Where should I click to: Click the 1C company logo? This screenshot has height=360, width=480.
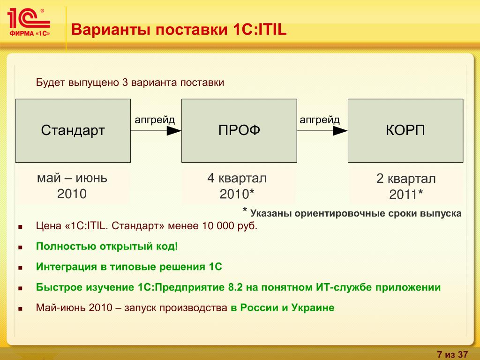coord(29,22)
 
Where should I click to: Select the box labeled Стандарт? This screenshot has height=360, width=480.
coord(73,131)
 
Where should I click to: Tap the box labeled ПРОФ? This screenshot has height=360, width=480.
coord(239,131)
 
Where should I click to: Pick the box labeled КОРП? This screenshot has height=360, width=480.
coord(405,131)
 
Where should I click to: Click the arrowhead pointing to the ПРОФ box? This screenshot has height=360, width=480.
coord(174,131)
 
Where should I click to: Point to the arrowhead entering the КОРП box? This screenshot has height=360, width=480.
coord(340,131)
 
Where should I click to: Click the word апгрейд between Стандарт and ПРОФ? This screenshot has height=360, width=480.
coord(155,120)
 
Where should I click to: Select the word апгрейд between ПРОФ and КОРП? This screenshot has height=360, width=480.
coord(320,120)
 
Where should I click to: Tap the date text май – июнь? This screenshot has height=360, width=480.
coord(72,178)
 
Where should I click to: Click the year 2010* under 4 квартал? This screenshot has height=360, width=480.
coord(237,194)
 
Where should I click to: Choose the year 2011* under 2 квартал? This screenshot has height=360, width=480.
coord(406,195)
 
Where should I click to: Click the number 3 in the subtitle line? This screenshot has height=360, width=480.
coord(125,82)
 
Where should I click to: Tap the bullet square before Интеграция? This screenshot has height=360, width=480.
coord(21,268)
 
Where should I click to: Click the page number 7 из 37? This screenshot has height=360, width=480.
coord(452,354)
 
